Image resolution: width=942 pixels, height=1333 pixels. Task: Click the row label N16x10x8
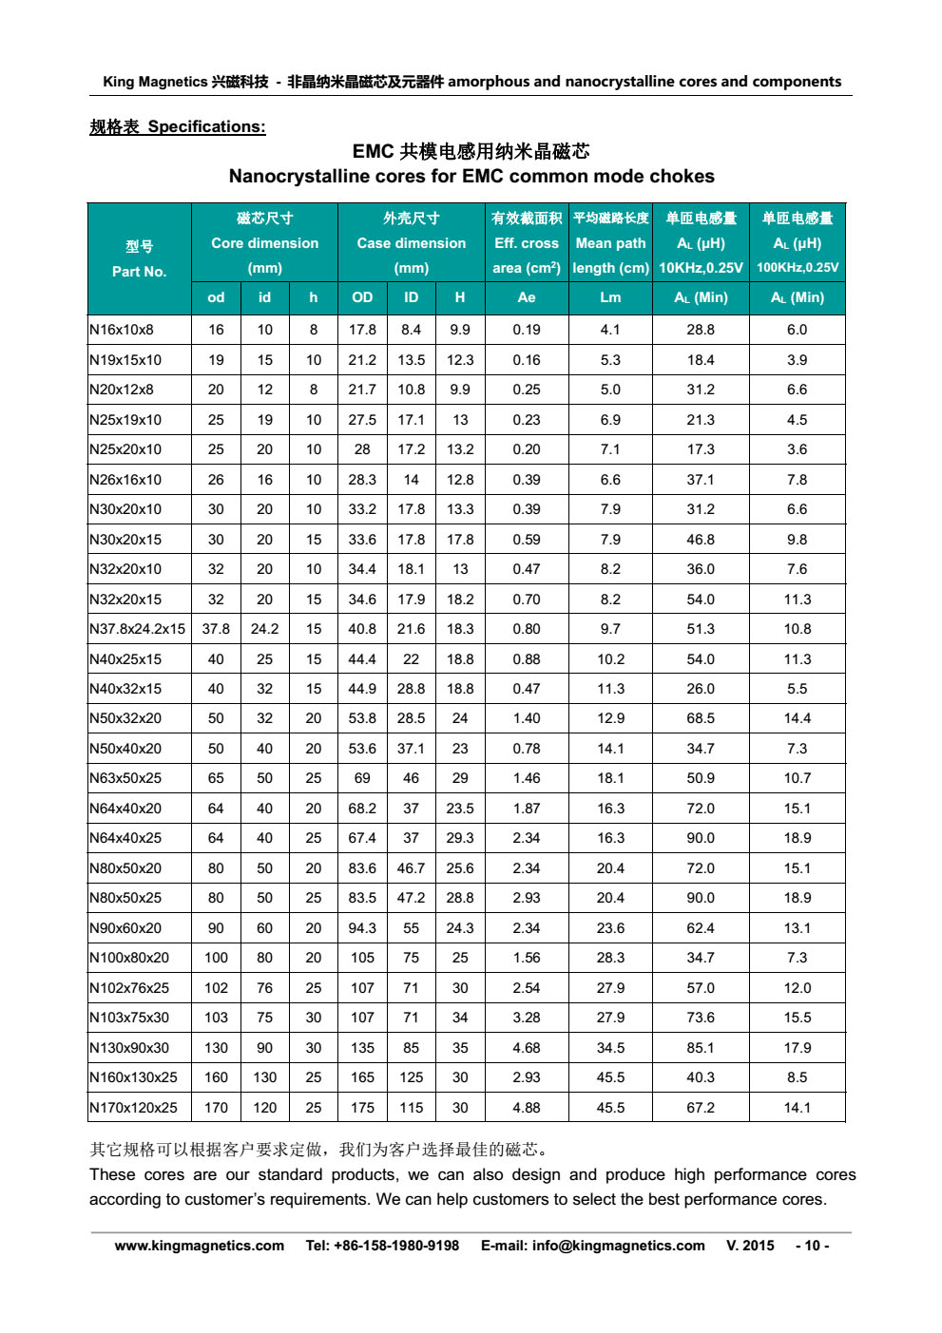tap(122, 330)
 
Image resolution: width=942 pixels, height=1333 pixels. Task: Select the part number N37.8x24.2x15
tap(138, 629)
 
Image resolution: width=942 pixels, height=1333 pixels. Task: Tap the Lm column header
tap(610, 297)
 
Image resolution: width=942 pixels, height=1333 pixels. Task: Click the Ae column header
tap(527, 297)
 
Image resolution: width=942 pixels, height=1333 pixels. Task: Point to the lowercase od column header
tap(216, 297)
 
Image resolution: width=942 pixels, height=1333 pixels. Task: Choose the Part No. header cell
tap(139, 259)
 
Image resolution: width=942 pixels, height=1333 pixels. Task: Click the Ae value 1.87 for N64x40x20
tap(527, 809)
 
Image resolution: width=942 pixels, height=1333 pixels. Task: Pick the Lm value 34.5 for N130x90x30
tap(610, 1048)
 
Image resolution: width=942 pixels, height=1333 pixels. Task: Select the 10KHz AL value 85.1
tap(701, 1048)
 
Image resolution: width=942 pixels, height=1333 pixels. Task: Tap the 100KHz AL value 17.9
tap(797, 1048)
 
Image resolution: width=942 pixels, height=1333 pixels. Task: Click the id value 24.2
tap(264, 629)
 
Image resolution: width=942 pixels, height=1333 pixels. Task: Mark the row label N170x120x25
tap(134, 1108)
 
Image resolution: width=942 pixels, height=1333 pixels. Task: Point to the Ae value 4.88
tap(527, 1108)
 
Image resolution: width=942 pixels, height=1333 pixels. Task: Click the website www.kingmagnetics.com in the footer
tap(200, 1246)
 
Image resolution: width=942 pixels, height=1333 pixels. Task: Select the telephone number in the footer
tap(382, 1246)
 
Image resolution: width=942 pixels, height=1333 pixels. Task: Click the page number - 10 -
tap(812, 1246)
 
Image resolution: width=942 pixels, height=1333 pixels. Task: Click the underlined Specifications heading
tap(178, 127)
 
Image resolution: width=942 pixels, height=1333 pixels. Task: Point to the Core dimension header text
tap(264, 243)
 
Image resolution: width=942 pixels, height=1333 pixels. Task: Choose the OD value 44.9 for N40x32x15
tap(362, 689)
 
